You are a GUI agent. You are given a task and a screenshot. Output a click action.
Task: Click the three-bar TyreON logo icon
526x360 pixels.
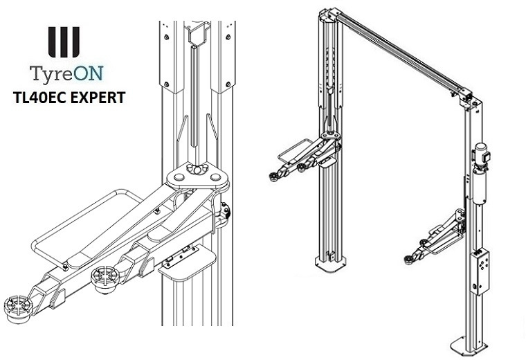[x=64, y=42]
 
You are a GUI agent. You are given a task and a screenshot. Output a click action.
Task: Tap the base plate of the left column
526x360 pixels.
[x=332, y=264]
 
